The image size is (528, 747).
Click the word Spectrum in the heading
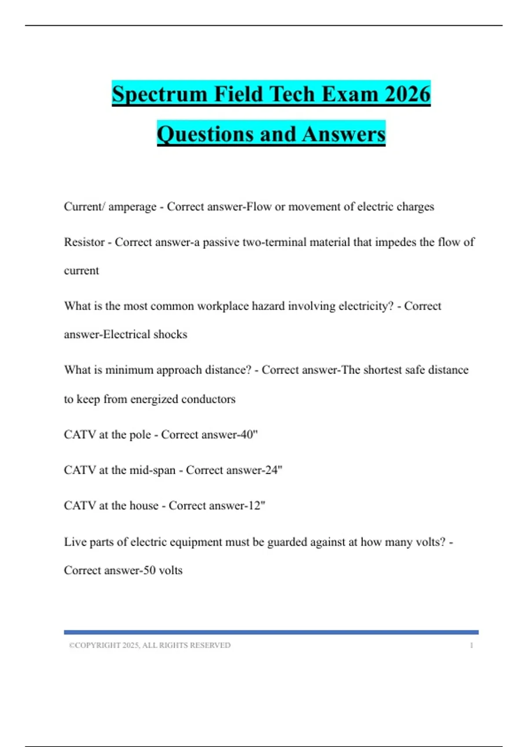tap(159, 94)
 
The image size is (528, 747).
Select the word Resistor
tap(84, 242)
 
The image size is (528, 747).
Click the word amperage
tap(132, 207)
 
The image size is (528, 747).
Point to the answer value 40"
tap(249, 434)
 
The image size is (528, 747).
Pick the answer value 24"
tap(273, 470)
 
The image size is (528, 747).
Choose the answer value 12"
tap(257, 505)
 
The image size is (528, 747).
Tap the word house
tap(144, 505)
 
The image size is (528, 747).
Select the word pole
tap(140, 435)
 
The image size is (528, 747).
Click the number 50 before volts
tap(150, 570)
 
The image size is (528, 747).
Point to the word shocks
tap(170, 334)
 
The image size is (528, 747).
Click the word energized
tap(154, 399)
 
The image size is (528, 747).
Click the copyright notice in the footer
tap(150, 645)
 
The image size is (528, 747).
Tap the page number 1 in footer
tap(471, 645)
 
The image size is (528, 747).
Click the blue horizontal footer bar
tap(271, 632)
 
